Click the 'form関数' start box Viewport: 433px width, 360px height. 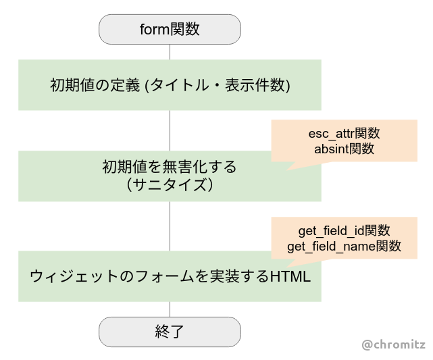coord(170,29)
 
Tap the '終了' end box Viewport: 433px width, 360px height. coord(170,332)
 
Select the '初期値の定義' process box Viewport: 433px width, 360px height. coord(170,85)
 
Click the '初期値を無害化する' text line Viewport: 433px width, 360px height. coord(170,167)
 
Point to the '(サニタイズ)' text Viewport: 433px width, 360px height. coord(170,184)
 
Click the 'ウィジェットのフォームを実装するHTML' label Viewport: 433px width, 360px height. coord(170,276)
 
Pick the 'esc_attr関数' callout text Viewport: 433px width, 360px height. coord(344,134)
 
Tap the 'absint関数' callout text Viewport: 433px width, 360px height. coord(344,149)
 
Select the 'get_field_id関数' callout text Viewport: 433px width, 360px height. coord(344,231)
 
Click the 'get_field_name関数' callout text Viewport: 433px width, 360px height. coord(344,247)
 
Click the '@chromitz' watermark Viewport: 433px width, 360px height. coord(393,345)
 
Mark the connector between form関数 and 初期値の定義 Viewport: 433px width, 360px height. coord(170,52)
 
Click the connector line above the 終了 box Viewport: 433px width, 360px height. coord(170,309)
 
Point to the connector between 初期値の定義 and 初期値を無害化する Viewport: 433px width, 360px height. coord(170,130)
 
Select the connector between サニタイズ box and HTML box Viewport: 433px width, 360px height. coord(170,226)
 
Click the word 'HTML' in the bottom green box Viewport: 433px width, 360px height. coord(290,276)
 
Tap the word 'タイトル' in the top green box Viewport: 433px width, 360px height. coord(180,85)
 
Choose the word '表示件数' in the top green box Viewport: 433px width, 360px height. coord(255,85)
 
